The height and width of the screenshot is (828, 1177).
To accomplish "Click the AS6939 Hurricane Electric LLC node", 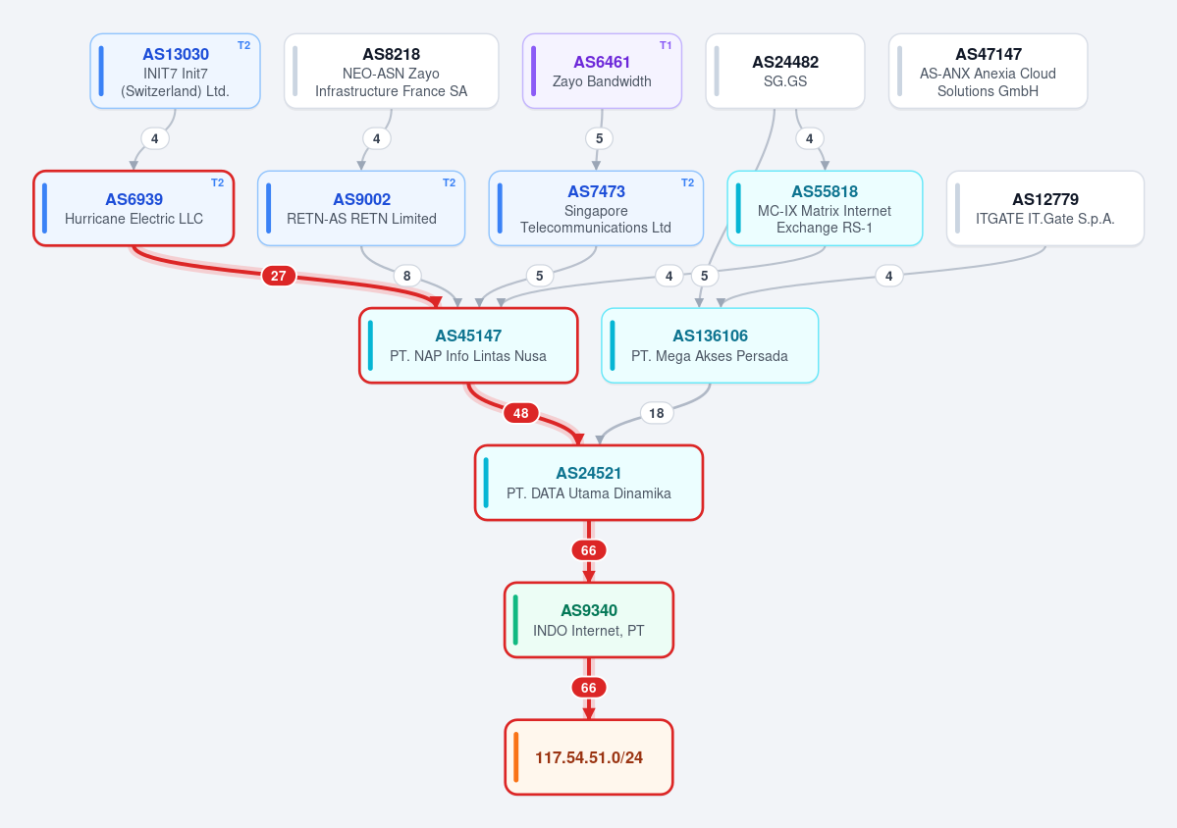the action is click(x=134, y=209).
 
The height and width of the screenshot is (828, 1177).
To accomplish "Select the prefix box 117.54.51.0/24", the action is click(x=589, y=756).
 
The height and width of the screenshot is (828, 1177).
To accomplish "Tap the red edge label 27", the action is click(x=279, y=276).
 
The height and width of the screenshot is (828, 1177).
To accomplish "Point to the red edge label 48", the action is click(x=521, y=413).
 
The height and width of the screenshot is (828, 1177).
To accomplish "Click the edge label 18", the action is click(x=657, y=413).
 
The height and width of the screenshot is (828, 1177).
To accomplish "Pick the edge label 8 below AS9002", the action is click(x=406, y=276).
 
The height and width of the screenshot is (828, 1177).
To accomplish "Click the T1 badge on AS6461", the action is click(x=665, y=46).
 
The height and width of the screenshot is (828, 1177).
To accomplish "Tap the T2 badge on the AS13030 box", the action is click(x=244, y=46).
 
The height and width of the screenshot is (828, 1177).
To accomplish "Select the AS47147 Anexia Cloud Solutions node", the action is click(x=988, y=72).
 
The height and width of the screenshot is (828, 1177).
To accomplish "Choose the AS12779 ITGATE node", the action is click(x=1044, y=209).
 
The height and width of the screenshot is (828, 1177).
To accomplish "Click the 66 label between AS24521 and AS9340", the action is click(x=589, y=550).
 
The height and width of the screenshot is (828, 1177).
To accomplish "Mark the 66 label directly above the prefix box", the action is click(x=589, y=688).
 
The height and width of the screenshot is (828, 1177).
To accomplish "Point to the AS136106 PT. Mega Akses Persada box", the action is click(x=710, y=345).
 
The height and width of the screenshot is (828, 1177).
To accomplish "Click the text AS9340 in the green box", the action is click(x=589, y=610).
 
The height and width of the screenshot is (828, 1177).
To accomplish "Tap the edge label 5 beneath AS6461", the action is click(x=599, y=138).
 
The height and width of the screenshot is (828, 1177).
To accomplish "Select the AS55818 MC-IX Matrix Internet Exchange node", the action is click(x=825, y=209).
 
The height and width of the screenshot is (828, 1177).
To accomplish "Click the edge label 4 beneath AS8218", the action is click(x=377, y=138).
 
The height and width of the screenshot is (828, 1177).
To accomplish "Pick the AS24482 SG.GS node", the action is click(x=785, y=72).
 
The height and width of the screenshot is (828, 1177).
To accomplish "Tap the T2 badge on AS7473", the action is click(x=687, y=183).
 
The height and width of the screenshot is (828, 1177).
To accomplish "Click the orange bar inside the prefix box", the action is click(x=515, y=756).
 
